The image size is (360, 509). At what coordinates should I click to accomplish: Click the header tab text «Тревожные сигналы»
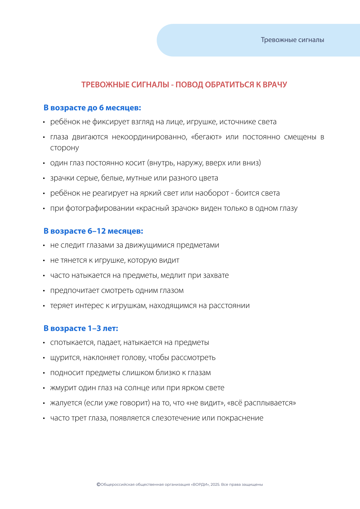click(x=292, y=40)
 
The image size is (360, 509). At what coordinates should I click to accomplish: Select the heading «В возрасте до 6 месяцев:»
click(x=92, y=108)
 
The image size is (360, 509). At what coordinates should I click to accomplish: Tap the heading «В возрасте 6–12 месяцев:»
click(x=93, y=231)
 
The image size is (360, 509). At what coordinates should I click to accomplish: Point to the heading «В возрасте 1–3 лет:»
click(x=81, y=328)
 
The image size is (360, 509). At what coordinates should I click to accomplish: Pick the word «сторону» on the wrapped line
click(x=64, y=148)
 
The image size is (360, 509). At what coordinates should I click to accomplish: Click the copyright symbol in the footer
click(x=98, y=485)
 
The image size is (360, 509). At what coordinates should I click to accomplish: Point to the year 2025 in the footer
click(x=215, y=485)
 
